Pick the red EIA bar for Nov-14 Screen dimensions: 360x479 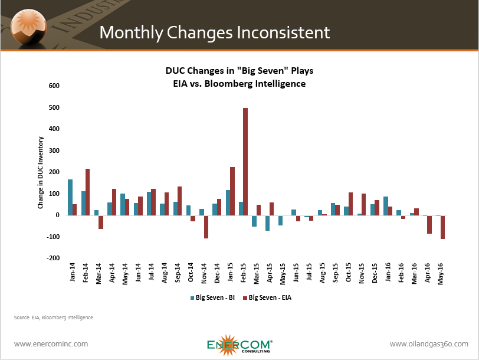coord(206,227)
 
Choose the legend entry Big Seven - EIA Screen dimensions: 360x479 coord(268,297)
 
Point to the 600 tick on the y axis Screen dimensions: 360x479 coord(54,86)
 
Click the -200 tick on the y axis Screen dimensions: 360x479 coord(53,258)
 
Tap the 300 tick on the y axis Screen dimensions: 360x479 coord(54,150)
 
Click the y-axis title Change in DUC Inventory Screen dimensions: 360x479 coord(41,172)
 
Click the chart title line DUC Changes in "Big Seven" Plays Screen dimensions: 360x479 coord(239,71)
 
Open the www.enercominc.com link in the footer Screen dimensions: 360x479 coord(51,343)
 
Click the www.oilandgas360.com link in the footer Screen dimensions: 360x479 coord(429,343)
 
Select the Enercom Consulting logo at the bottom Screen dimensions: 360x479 coord(239,345)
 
